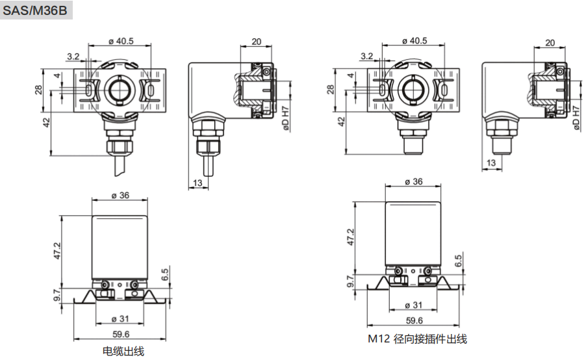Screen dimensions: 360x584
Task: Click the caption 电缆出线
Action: tap(123, 352)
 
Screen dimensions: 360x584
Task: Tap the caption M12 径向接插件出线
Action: tap(417, 339)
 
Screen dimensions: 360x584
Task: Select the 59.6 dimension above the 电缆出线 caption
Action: tap(121, 334)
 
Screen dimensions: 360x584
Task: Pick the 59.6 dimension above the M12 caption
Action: tap(414, 320)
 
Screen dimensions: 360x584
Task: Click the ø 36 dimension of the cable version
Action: tap(120, 195)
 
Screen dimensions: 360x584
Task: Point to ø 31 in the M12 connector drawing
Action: tap(414, 305)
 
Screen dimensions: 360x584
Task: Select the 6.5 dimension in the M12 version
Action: tap(459, 261)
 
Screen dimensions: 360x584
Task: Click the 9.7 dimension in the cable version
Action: tap(57, 296)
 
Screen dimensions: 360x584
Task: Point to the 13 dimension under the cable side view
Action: tap(198, 184)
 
